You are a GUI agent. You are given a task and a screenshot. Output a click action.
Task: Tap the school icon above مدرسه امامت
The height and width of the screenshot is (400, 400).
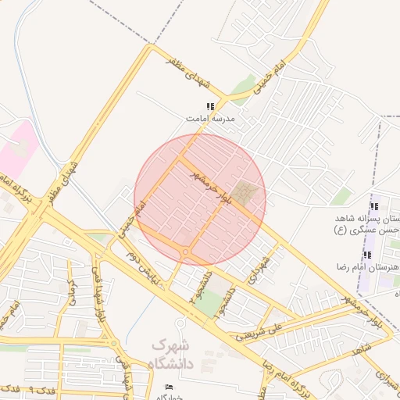pyautogui.click(x=209, y=106)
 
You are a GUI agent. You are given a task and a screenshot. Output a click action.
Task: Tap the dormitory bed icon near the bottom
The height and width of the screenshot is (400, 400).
pyautogui.click(x=170, y=387)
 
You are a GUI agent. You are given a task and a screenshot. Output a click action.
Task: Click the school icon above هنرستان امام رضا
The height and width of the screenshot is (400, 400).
pyautogui.click(x=367, y=255)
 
